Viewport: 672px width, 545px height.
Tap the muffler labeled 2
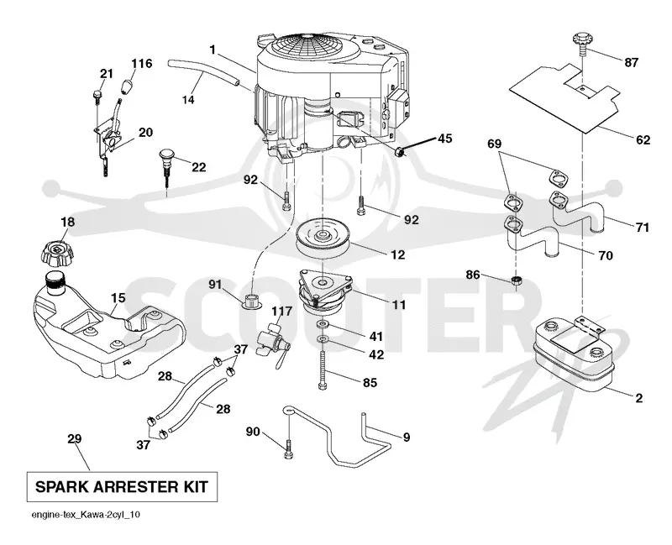(x=573, y=355)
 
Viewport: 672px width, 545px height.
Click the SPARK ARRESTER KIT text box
(x=122, y=487)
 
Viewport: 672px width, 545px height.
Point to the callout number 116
(x=141, y=64)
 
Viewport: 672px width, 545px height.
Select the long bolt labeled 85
(x=323, y=369)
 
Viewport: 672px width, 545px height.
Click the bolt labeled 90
(x=288, y=449)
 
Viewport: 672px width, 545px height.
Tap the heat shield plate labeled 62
(x=564, y=96)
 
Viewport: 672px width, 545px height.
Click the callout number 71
(x=642, y=227)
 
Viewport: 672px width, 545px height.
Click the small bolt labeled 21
(x=97, y=97)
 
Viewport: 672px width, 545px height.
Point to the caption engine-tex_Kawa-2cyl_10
(x=86, y=515)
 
